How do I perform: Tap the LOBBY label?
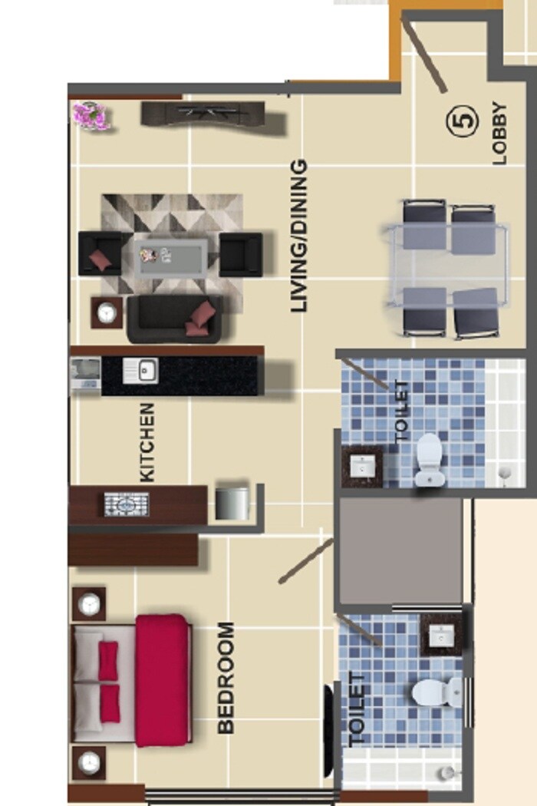[499, 134]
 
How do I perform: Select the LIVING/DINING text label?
[299, 235]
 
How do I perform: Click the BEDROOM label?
[226, 678]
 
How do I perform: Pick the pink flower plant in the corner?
[91, 116]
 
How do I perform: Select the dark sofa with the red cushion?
[175, 319]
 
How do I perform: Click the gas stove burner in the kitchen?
[127, 504]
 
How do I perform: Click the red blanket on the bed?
[162, 679]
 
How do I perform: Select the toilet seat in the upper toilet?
[429, 460]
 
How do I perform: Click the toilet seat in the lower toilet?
[434, 692]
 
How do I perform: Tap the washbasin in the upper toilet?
[362, 466]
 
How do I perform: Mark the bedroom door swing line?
[305, 560]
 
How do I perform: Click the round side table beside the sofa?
[107, 312]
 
